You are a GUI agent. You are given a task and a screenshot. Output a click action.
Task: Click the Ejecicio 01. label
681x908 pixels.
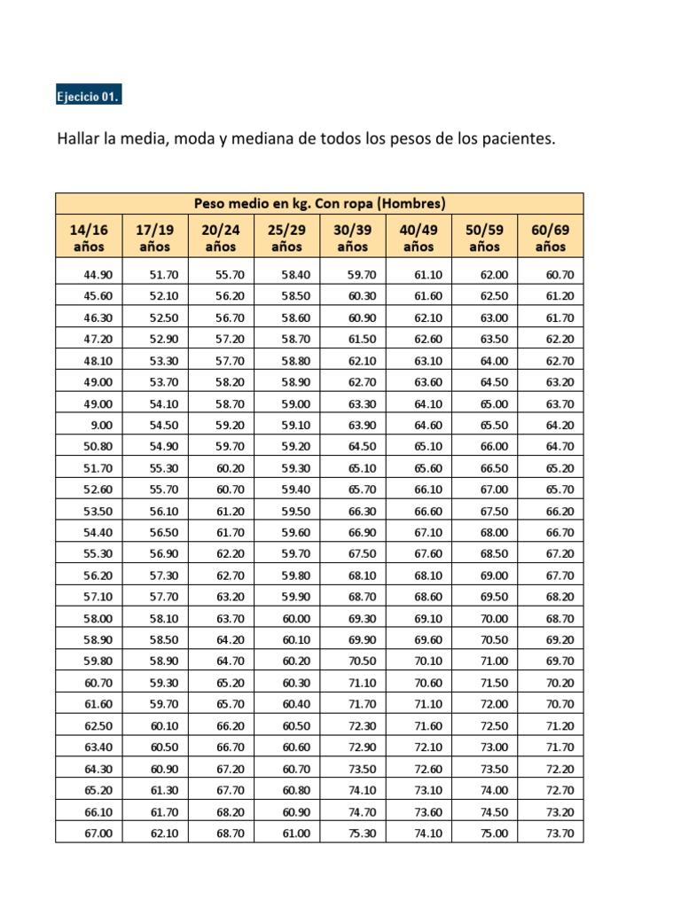click(x=88, y=97)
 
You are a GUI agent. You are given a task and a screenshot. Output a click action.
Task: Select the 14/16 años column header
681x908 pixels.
click(x=88, y=238)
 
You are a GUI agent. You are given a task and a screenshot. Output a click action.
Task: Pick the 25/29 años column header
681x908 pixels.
click(x=286, y=238)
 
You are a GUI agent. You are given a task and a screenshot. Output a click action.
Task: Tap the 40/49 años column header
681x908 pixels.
click(x=419, y=238)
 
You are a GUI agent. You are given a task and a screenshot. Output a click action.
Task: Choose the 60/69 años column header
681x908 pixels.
click(x=550, y=238)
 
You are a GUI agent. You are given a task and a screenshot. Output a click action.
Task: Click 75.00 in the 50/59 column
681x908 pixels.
click(x=494, y=833)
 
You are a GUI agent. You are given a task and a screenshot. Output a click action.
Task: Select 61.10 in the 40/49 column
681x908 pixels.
click(x=428, y=274)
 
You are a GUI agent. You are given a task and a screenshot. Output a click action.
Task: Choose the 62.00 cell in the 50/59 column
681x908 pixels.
click(x=494, y=274)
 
